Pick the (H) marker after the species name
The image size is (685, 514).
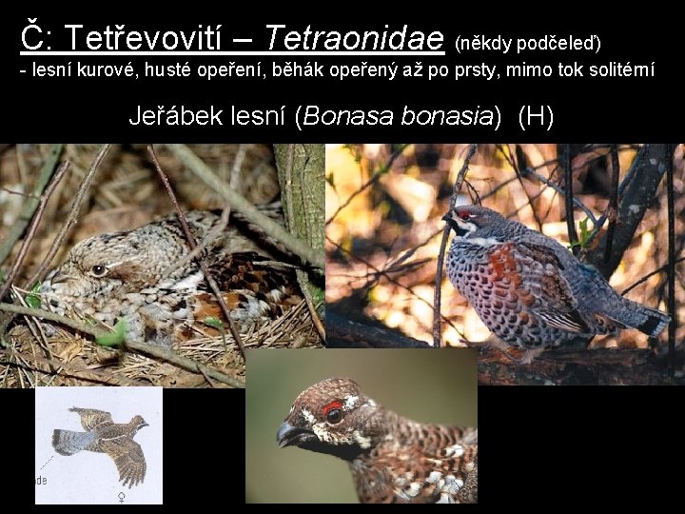pyautogui.click(x=536, y=117)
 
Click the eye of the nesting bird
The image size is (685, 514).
pyautogui.click(x=99, y=270)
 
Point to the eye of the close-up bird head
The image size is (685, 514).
pyautogui.click(x=334, y=415)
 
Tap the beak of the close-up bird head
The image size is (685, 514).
pyautogui.click(x=287, y=435)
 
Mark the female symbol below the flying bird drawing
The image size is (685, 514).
pyautogui.click(x=120, y=496)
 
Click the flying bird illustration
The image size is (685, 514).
pyautogui.click(x=101, y=443)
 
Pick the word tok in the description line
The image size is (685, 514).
pyautogui.click(x=538, y=72)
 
